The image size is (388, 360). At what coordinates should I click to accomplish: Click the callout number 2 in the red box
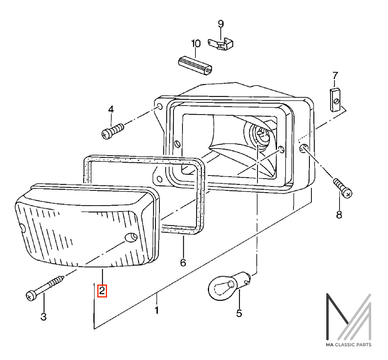pyautogui.click(x=102, y=291)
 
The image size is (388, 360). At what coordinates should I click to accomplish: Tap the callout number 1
pyautogui.click(x=156, y=310)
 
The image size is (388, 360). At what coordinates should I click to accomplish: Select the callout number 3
pyautogui.click(x=43, y=317)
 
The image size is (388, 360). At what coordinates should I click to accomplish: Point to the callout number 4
pyautogui.click(x=111, y=109)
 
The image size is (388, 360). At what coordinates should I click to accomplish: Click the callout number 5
pyautogui.click(x=239, y=313)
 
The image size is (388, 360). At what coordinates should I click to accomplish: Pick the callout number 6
pyautogui.click(x=183, y=262)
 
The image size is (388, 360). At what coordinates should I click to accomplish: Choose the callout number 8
pyautogui.click(x=339, y=215)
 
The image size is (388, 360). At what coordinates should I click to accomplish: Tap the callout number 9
pyautogui.click(x=221, y=24)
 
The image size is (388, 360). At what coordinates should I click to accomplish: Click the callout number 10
pyautogui.click(x=196, y=43)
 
